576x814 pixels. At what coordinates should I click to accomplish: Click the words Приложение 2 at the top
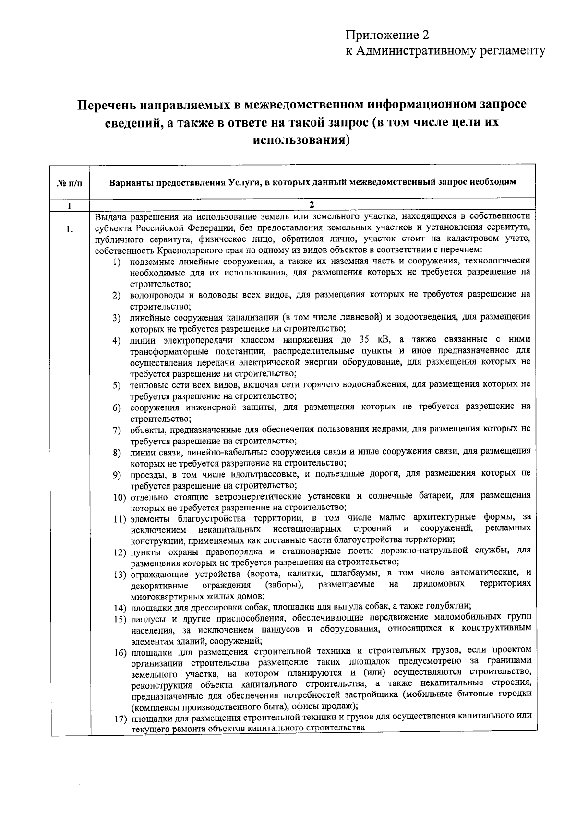tap(386, 35)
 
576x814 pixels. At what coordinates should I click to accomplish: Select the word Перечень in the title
tap(112, 105)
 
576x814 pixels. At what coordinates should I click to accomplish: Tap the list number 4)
tap(116, 341)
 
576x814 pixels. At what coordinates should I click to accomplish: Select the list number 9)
tap(116, 475)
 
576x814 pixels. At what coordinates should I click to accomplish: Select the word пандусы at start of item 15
tap(146, 617)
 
